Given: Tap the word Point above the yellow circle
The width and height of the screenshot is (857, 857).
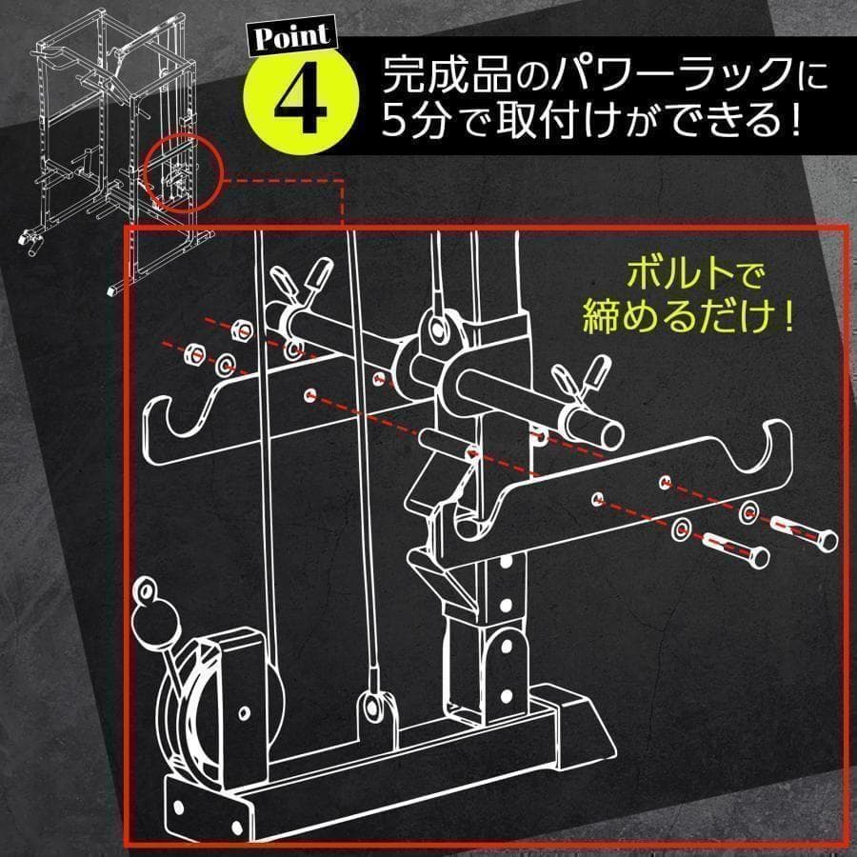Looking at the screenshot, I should click(291, 39).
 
